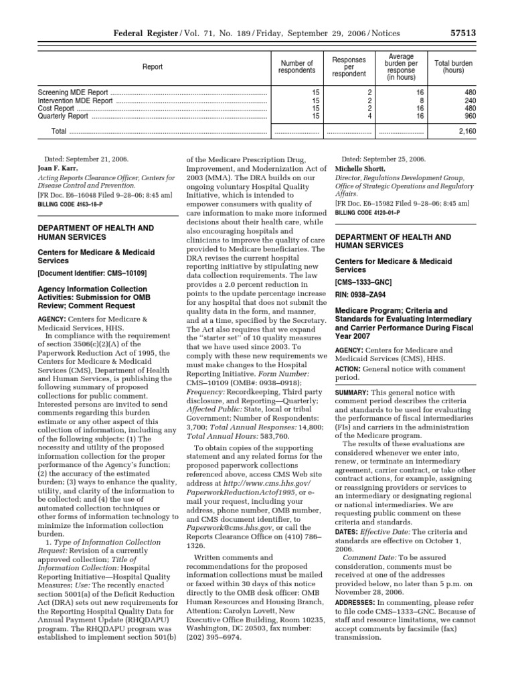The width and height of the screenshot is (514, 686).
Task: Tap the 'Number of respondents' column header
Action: click(x=296, y=66)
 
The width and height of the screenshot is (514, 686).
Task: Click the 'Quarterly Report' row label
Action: click(x=64, y=115)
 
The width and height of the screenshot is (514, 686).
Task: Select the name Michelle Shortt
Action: click(x=362, y=169)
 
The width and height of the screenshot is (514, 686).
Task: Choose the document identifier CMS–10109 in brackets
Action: click(x=92, y=273)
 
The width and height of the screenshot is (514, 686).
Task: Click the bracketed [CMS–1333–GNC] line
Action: click(x=364, y=283)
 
